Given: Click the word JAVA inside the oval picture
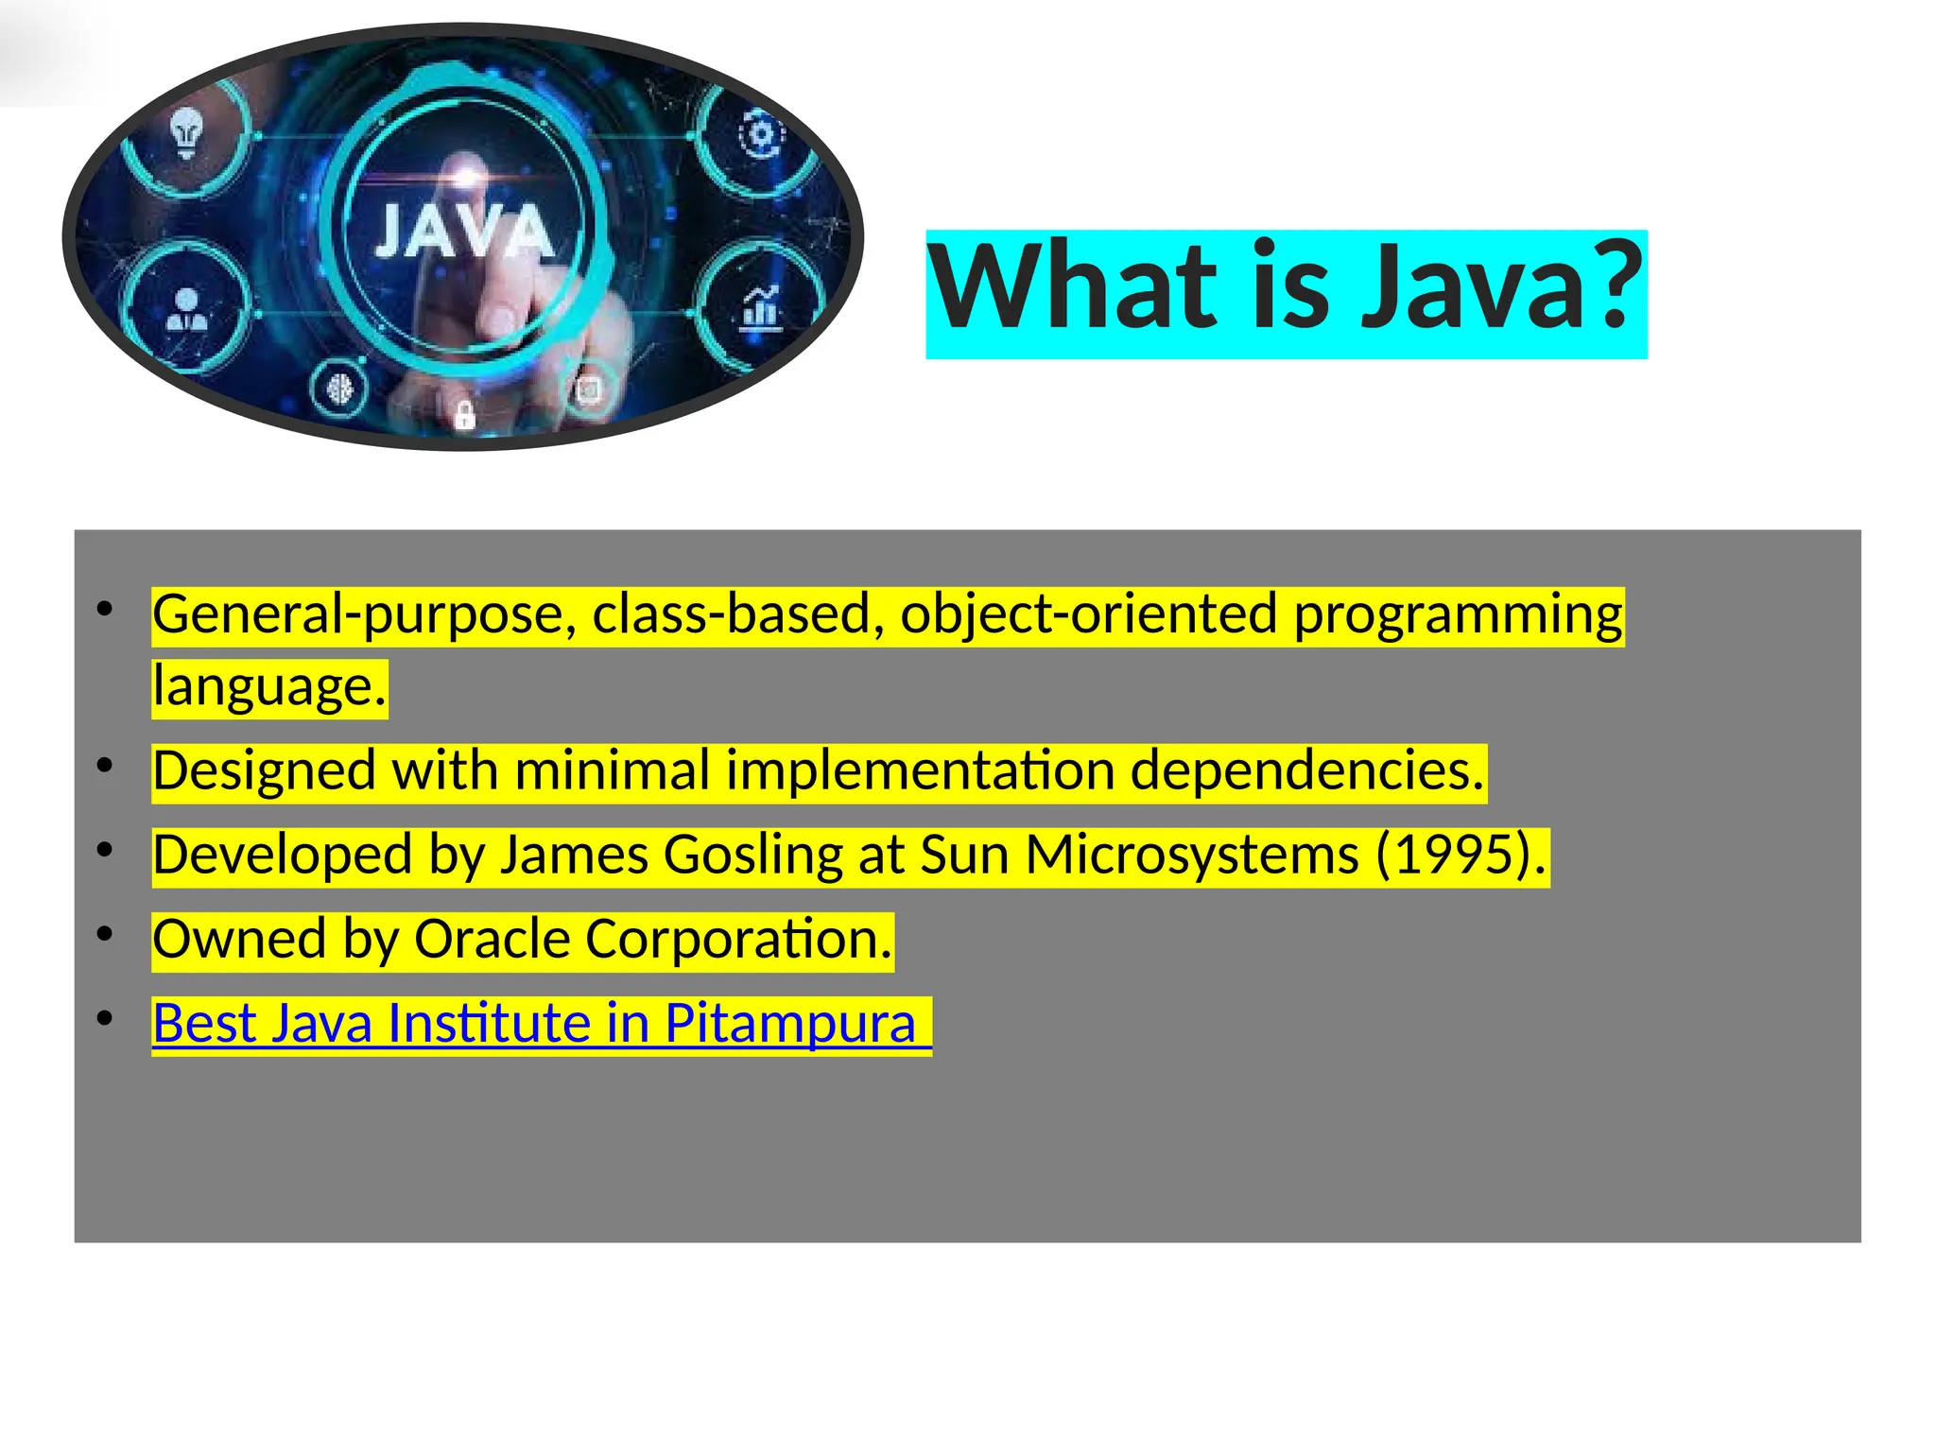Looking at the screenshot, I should pos(463,232).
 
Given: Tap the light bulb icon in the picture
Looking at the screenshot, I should pos(186,132).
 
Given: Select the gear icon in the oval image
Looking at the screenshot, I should pos(761,135).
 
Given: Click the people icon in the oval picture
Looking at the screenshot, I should pos(186,309).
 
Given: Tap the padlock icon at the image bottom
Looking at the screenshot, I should pos(464,414).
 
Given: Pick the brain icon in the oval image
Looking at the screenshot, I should pos(338,389).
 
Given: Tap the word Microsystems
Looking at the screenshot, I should pos(1192,856).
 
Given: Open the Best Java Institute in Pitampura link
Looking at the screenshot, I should pos(534,1024).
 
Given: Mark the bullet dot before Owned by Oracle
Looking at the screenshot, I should pos(105,935).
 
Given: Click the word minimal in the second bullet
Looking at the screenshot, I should pos(613,770).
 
